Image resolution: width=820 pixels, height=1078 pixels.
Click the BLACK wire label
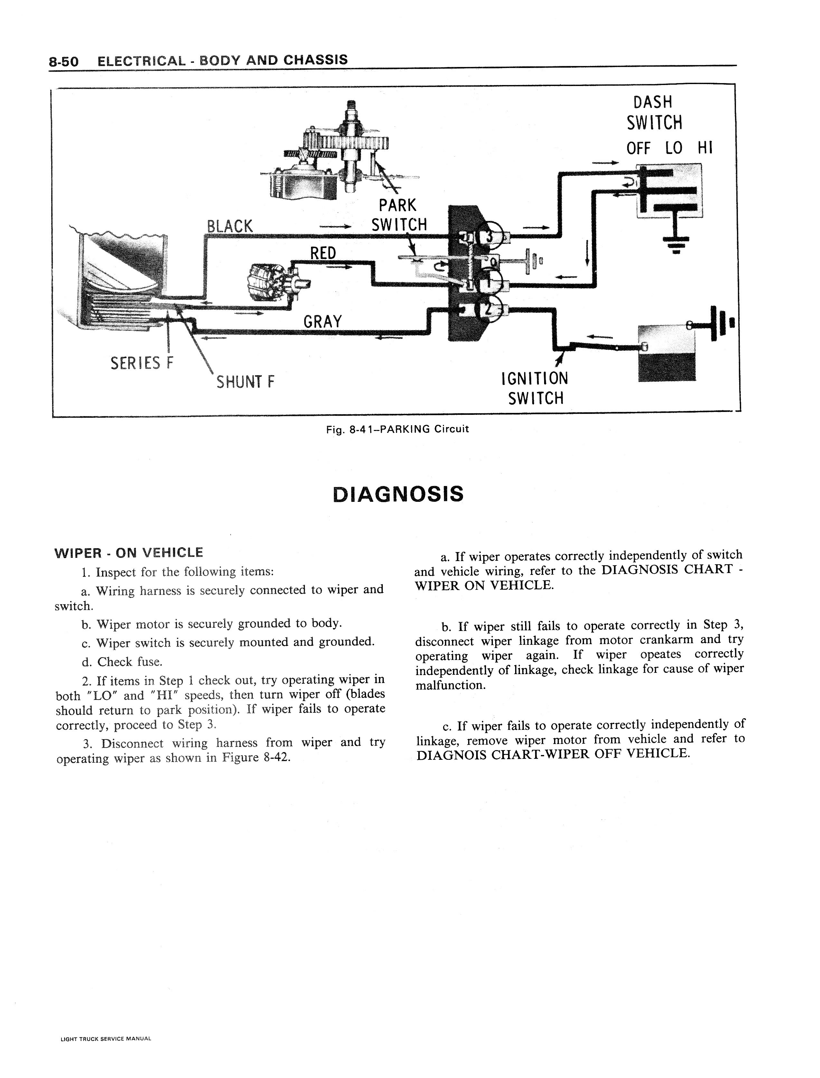(x=230, y=226)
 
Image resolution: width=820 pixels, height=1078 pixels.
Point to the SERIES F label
(x=142, y=363)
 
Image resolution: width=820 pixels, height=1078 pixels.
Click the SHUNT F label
(x=246, y=381)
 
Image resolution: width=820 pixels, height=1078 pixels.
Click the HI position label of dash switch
(x=705, y=148)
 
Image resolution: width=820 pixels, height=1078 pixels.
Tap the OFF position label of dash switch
(x=638, y=148)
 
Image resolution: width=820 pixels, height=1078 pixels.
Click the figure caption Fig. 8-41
(x=397, y=429)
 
